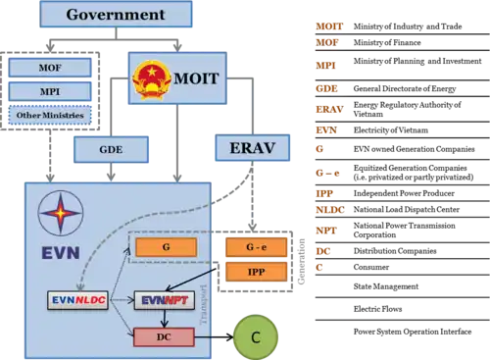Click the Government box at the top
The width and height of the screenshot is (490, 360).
(116, 14)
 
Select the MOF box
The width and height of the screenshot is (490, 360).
(50, 68)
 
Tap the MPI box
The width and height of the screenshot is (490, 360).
(50, 91)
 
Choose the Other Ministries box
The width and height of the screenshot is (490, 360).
(50, 115)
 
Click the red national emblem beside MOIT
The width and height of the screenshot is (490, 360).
(152, 77)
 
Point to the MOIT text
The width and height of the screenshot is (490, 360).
(196, 77)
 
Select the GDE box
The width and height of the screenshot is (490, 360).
(111, 150)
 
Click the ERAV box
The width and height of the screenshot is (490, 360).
(252, 149)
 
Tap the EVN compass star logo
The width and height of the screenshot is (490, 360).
(61, 212)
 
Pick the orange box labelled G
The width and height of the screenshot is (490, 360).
(166, 247)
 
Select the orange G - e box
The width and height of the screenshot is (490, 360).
(256, 247)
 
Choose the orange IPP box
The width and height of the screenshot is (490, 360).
(256, 271)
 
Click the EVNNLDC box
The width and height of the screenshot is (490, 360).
(77, 300)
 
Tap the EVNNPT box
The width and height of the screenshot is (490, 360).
(164, 300)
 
